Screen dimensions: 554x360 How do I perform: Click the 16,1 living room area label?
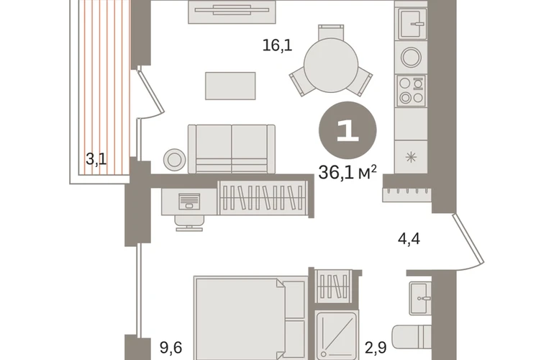(277, 45)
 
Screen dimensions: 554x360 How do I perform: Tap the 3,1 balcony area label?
(96, 159)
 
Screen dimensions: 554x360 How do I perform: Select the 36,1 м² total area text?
(348, 172)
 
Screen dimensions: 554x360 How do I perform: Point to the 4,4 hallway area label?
(409, 239)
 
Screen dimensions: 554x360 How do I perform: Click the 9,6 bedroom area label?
(171, 348)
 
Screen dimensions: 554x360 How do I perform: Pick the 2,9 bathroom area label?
(376, 348)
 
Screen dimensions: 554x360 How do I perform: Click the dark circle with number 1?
(348, 130)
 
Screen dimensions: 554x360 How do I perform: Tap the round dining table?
(331, 66)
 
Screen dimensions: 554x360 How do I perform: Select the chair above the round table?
(331, 32)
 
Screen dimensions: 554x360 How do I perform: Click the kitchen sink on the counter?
(412, 23)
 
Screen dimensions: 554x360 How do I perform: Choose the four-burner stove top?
(412, 91)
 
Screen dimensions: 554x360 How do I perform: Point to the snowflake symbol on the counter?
(411, 157)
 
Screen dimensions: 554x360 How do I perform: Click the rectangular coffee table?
(230, 86)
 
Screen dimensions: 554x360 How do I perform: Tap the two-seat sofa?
(232, 149)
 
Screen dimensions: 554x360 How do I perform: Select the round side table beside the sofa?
(175, 160)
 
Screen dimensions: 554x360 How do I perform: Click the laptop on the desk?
(189, 201)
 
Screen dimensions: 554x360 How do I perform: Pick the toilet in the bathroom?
(412, 339)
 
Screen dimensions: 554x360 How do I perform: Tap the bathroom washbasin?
(420, 298)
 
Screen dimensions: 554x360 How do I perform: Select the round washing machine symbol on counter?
(412, 57)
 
